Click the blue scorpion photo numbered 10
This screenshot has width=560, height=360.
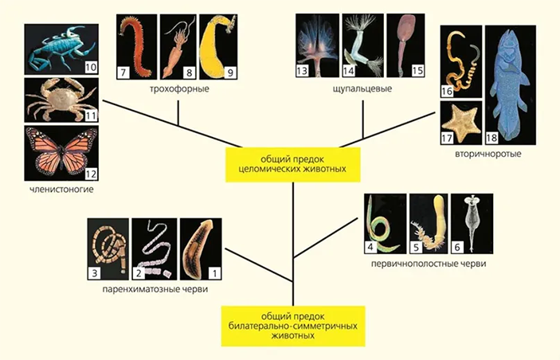click(x=61, y=49)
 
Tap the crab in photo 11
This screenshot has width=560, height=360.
click(x=61, y=100)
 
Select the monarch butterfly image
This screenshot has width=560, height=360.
click(x=61, y=153)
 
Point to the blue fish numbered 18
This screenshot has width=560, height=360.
click(x=511, y=85)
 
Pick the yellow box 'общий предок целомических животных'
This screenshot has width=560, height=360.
click(x=293, y=164)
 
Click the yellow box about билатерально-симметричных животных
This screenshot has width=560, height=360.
click(x=293, y=326)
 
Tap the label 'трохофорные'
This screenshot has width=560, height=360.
click(x=179, y=88)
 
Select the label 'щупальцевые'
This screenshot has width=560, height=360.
click(x=362, y=88)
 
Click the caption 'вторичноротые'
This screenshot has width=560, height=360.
click(x=488, y=155)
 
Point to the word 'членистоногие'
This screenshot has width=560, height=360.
click(x=61, y=190)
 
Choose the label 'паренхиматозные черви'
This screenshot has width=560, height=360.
click(x=155, y=289)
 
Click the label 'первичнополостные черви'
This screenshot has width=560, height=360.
click(x=429, y=264)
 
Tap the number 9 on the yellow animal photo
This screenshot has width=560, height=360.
click(x=230, y=72)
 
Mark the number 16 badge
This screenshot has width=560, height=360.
click(x=447, y=91)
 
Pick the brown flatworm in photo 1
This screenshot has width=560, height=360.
click(x=201, y=249)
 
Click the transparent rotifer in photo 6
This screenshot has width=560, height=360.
click(x=472, y=224)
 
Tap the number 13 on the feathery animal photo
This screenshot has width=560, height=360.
click(x=302, y=71)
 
